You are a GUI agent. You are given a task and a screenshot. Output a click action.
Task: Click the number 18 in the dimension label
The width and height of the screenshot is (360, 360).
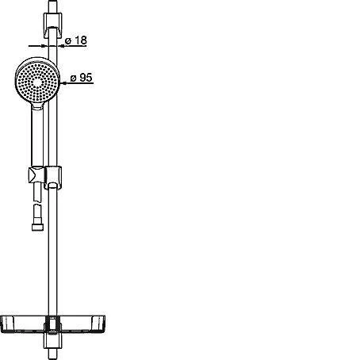(x=81, y=40)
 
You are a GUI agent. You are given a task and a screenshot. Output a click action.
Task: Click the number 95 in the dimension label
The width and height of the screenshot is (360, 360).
(x=86, y=78)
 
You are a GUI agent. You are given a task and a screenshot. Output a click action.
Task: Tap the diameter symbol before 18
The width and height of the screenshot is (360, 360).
(x=68, y=41)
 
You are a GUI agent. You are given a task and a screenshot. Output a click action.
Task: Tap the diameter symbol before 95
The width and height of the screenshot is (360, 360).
(x=73, y=79)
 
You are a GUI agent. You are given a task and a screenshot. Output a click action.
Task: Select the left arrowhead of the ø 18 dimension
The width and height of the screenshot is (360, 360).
(x=45, y=46)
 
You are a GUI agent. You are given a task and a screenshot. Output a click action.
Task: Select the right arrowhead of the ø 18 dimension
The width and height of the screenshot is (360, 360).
(x=60, y=46)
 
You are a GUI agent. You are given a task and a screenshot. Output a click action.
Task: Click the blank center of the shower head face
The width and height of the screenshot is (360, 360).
(x=37, y=82)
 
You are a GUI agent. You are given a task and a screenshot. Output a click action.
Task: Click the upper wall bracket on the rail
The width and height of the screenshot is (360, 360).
(x=52, y=25)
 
